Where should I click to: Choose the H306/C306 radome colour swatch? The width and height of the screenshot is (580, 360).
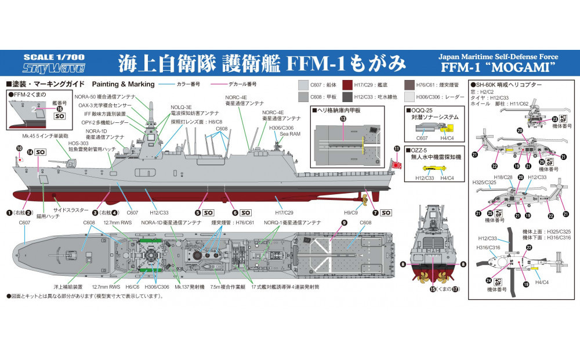[411, 96]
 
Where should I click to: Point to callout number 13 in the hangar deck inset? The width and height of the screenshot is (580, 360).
[343, 118]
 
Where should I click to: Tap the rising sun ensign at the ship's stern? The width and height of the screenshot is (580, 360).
[398, 163]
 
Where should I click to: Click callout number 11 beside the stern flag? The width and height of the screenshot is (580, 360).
[397, 149]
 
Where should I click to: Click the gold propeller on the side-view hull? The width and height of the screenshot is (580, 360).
[365, 201]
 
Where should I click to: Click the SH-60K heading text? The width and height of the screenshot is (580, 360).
[507, 85]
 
